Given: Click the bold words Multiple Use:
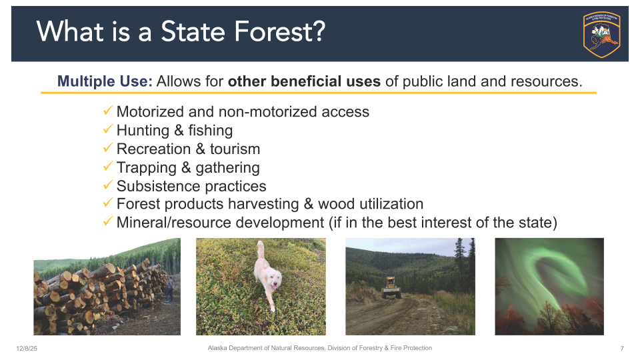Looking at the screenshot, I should [x=105, y=81].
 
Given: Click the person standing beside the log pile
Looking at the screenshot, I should [x=169, y=289].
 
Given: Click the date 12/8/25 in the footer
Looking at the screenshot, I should [x=27, y=349].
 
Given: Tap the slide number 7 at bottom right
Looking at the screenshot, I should [x=621, y=349].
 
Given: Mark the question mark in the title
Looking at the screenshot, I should [x=317, y=32].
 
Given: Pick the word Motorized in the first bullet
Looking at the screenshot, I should [x=149, y=111].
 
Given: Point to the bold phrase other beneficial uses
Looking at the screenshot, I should [x=304, y=81].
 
